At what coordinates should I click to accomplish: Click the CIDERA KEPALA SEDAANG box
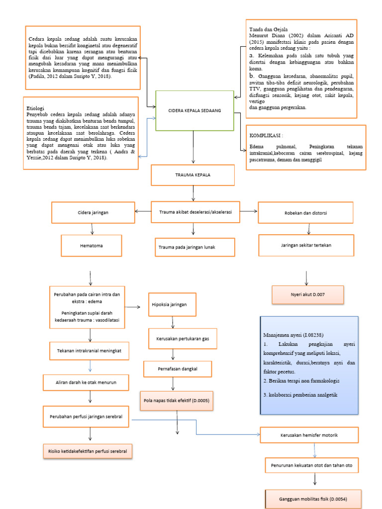[194, 110]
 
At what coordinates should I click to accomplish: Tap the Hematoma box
[92, 245]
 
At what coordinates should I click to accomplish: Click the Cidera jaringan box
[93, 212]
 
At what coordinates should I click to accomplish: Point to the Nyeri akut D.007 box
[307, 294]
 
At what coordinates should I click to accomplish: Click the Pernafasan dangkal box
[178, 369]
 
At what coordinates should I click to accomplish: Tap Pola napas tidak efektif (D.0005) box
[177, 400]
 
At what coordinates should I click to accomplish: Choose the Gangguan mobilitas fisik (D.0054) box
[313, 498]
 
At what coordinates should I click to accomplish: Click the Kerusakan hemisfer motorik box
[309, 435]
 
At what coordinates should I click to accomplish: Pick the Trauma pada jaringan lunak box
[193, 247]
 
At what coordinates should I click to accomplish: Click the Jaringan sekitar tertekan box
[306, 245]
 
